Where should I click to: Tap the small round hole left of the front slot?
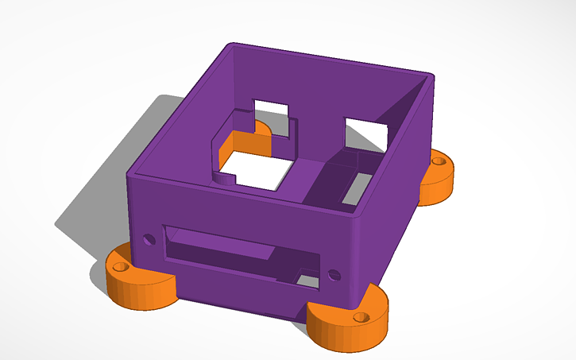(148, 238)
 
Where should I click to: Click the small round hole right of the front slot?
(333, 276)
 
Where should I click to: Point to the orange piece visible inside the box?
(245, 142)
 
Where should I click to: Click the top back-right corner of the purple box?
(430, 76)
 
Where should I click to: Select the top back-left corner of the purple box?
(230, 45)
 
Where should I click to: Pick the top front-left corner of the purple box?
(131, 170)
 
